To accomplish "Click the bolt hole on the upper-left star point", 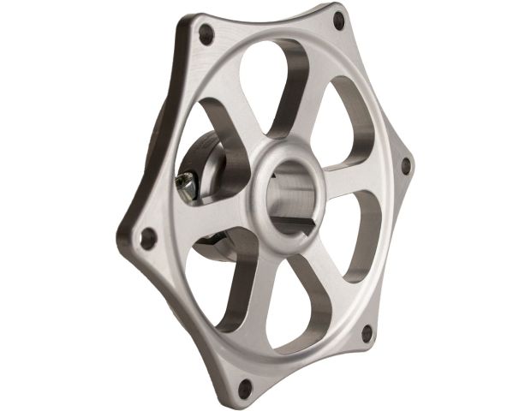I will click(205, 34).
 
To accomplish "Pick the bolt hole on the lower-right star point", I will click(367, 332).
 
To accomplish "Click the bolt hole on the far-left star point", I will click(147, 235).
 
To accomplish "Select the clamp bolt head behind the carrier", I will click(183, 181).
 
